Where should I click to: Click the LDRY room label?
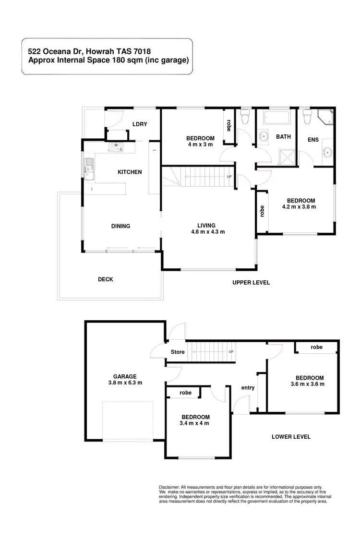pos(140,124)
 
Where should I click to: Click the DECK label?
pos(106,279)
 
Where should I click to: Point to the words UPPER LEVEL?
pos(251,283)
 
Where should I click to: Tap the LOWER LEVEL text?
pos(291,437)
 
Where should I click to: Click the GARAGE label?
pos(125,376)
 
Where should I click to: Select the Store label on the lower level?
pos(178,352)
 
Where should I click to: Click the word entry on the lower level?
pos(248,388)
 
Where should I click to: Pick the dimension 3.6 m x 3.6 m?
pos(307,384)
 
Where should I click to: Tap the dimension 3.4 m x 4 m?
pos(194,423)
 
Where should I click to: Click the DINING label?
pos(120,226)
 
